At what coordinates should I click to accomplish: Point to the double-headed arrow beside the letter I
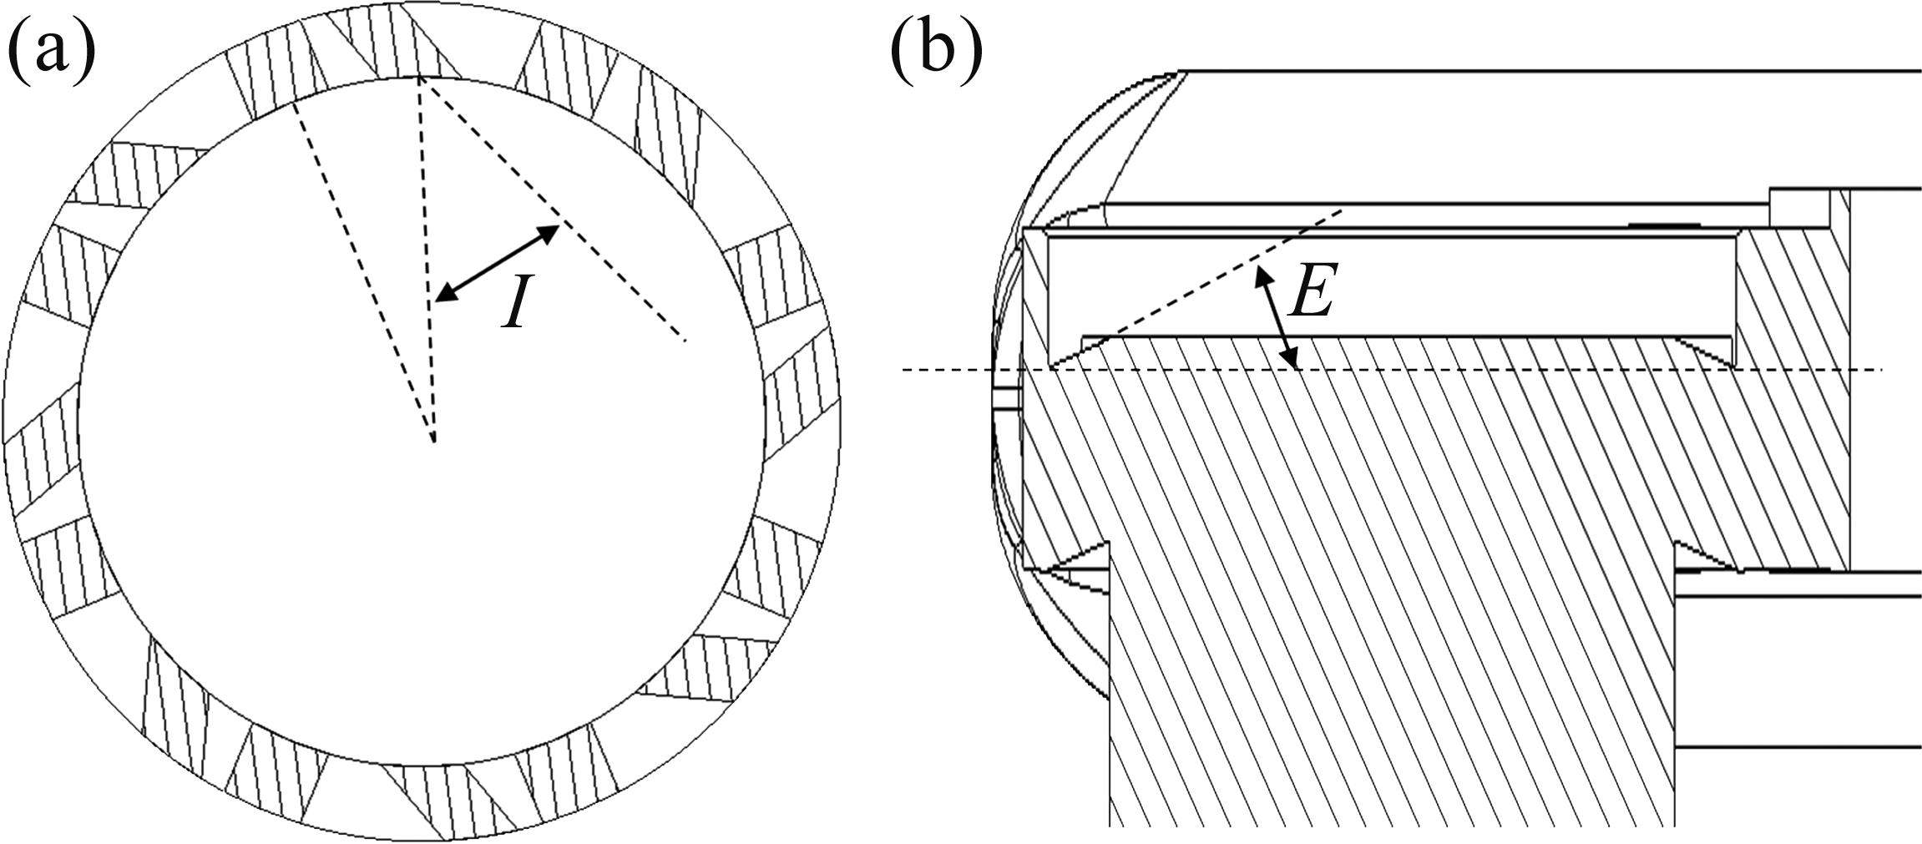498,263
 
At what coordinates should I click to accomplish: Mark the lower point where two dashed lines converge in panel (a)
433,440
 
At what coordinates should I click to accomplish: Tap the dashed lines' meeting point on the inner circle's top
420,79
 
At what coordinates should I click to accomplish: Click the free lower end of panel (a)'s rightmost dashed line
685,341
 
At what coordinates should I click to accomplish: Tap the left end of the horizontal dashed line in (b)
905,370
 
